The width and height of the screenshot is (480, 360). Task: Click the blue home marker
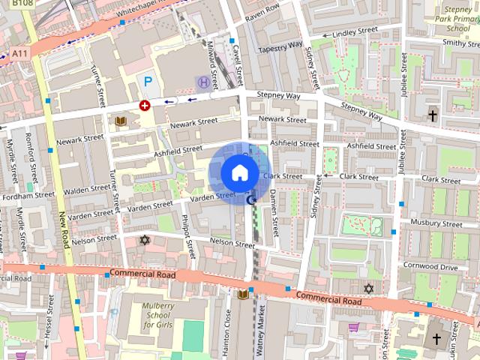239,172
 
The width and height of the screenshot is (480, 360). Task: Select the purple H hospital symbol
202,82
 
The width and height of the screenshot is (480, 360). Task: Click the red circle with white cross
144,106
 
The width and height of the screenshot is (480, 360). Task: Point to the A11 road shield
21,53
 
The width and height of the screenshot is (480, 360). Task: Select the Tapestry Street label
278,47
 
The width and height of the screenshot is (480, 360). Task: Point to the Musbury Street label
437,223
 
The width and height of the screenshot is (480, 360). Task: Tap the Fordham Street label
26,196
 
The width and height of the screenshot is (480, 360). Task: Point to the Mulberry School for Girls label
158,315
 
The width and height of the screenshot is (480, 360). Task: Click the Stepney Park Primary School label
457,19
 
